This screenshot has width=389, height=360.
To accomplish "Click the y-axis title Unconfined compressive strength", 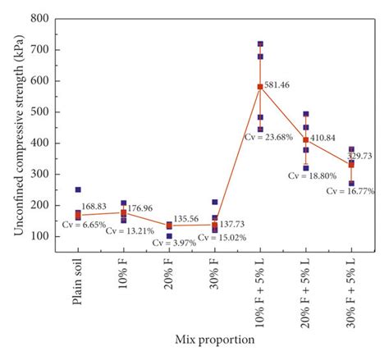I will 17,141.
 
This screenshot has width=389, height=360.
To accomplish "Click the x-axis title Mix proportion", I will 214,338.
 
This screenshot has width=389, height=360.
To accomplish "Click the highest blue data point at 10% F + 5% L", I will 260,43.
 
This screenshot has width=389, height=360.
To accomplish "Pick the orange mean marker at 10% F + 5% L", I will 260,86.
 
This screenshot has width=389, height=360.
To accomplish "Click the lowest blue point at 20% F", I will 169,236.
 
